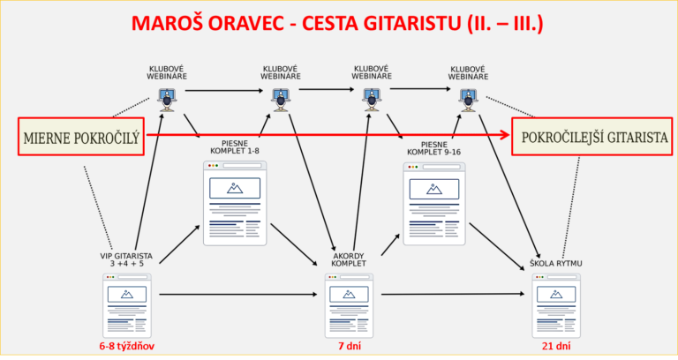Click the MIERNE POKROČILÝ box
point(81,137)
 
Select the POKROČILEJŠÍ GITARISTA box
point(592,137)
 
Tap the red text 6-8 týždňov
point(127,346)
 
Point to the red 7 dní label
point(350,346)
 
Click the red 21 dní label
point(556,346)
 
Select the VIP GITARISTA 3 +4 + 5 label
point(126,259)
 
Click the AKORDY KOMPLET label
point(349,259)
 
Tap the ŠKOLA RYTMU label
point(556,263)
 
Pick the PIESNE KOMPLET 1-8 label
point(235,147)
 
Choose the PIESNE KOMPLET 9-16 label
point(433,148)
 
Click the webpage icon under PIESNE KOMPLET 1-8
point(235,203)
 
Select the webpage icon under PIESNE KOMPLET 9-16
point(434,204)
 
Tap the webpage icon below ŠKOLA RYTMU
point(556,305)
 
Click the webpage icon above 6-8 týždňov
point(127,305)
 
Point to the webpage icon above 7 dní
point(349,305)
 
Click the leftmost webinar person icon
point(167,100)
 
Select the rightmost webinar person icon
point(468,100)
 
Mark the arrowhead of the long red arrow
point(506,135)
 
